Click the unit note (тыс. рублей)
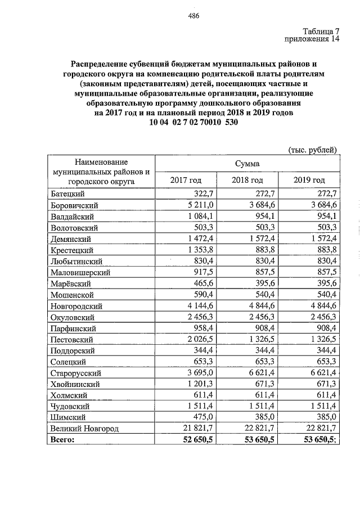click(x=313, y=150)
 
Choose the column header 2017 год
click(x=185, y=180)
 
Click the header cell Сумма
click(x=247, y=163)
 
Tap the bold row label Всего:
click(x=62, y=440)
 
